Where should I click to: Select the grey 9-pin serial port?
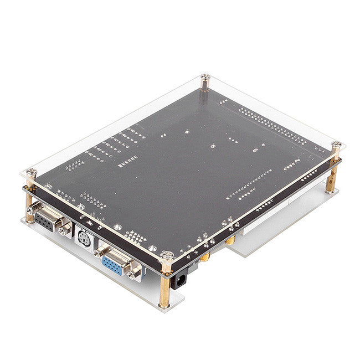coord(44,221)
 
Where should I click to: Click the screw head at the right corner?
coord(336,145)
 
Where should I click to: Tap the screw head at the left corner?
coord(32,172)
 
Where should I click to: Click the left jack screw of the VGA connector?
coord(97,253)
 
